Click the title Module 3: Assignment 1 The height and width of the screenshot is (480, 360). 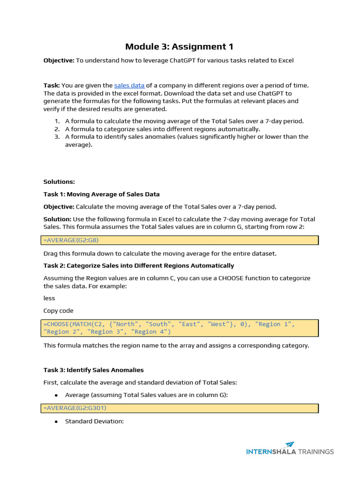click(179, 46)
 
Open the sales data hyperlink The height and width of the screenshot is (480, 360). click(129, 85)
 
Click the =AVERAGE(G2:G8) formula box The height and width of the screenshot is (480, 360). click(180, 240)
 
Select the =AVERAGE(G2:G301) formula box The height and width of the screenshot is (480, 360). click(180, 408)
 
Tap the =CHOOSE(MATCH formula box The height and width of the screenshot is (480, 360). click(180, 328)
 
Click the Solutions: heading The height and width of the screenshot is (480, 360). click(59, 182)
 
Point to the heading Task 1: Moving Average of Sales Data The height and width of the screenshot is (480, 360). click(101, 194)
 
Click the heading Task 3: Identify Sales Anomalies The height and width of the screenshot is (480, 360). click(93, 370)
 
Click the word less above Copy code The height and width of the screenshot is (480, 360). click(49, 298)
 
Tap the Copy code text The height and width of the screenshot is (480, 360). click(58, 310)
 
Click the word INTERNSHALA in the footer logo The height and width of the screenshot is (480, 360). click(271, 452)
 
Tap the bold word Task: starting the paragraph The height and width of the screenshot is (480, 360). click(51, 85)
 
